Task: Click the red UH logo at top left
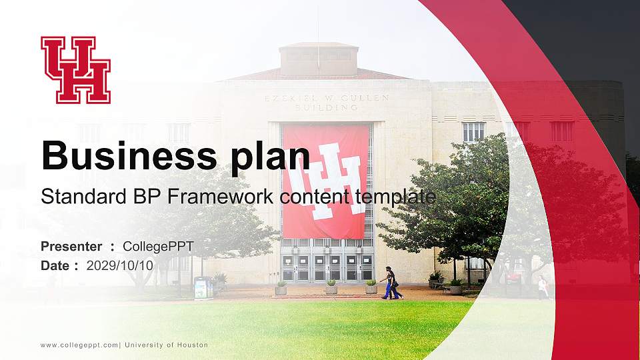[x=75, y=70]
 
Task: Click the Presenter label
[x=71, y=247]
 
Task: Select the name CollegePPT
[x=158, y=247]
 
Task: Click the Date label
[x=55, y=265]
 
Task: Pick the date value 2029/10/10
[x=120, y=265]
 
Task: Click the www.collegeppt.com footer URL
[x=79, y=345]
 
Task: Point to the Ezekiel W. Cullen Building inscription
[x=327, y=102]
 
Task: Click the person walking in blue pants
[x=391, y=283]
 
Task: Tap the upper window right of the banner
[x=473, y=131]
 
